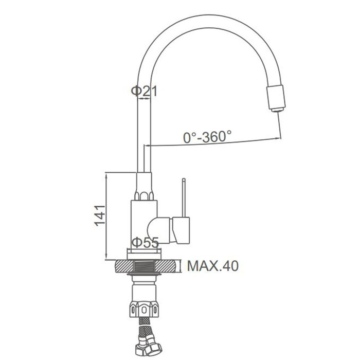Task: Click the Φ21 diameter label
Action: [144, 91]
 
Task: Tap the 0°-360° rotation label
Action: [207, 137]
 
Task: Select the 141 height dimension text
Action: [100, 216]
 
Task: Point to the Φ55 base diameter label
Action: [145, 242]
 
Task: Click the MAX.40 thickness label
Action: [213, 266]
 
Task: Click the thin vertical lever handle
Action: [184, 197]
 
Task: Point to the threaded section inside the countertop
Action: [144, 266]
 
